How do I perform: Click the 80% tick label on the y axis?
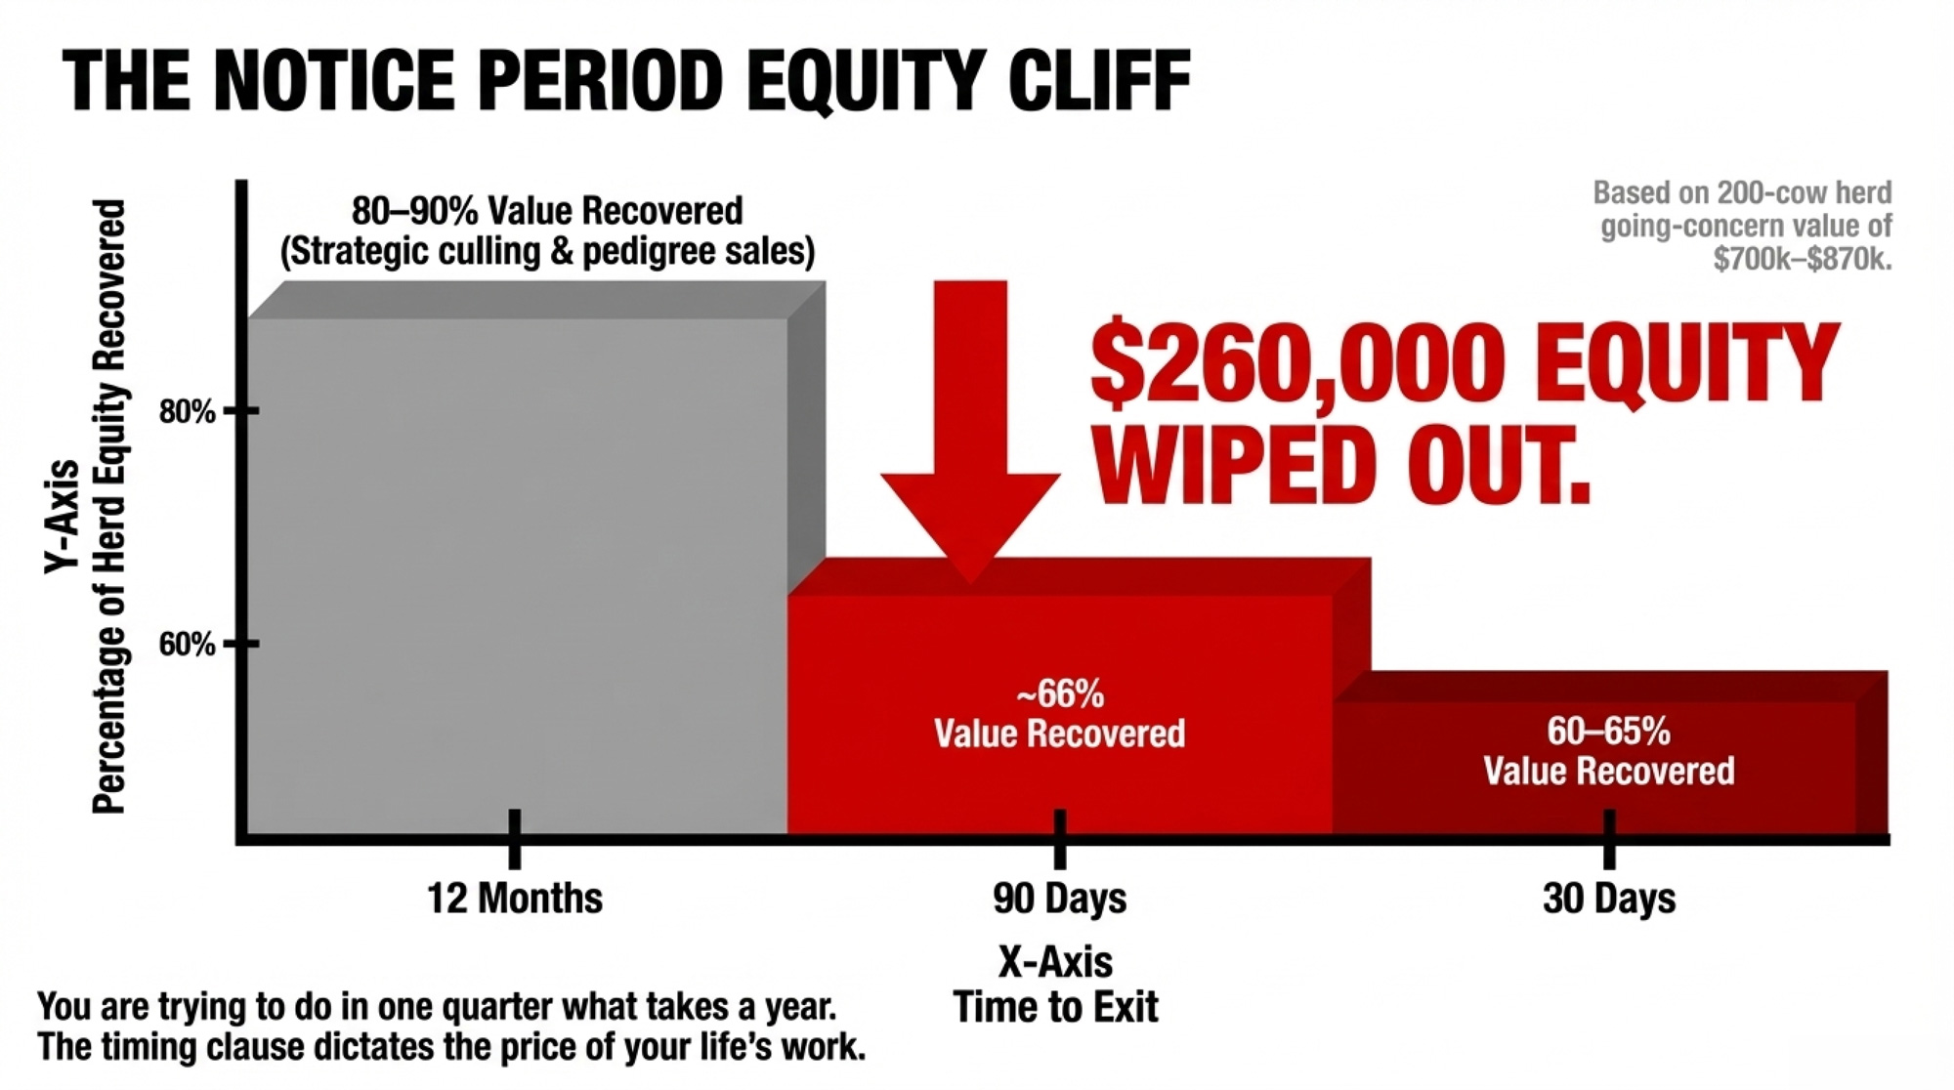click(x=188, y=411)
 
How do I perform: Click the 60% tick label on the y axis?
click(x=188, y=645)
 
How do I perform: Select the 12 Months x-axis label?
click(x=515, y=898)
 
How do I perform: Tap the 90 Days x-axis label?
click(x=1060, y=898)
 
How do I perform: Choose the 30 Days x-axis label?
click(x=1609, y=898)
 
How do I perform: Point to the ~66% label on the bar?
click(x=1060, y=694)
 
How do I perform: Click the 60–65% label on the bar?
click(x=1609, y=731)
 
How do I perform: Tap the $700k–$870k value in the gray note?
click(x=1803, y=259)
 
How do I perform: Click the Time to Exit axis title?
click(x=1056, y=1007)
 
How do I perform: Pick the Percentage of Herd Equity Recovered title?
click(x=109, y=507)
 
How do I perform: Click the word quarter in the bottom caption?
click(x=495, y=1006)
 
